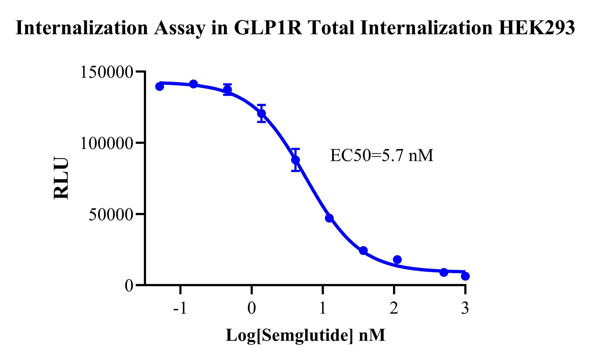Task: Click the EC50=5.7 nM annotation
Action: coord(381,155)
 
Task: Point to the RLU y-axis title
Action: coord(61,178)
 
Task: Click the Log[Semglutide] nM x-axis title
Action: coord(305,335)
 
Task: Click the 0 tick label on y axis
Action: coord(129,286)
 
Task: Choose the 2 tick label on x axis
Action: coord(394,308)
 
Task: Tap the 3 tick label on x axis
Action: coord(465,308)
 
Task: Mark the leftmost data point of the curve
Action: coord(160,87)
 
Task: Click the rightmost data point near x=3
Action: coord(465,276)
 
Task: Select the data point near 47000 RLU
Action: coord(329,218)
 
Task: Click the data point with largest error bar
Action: coord(295,160)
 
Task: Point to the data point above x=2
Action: coord(397,259)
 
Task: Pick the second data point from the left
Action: coord(194,84)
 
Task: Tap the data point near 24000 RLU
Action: coord(363,250)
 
